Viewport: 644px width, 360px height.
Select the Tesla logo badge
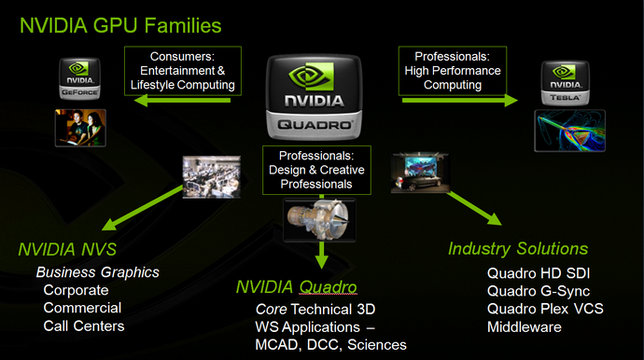coord(562,82)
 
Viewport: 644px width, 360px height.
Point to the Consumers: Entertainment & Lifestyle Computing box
coord(183,71)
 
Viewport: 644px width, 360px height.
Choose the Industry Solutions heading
coord(518,249)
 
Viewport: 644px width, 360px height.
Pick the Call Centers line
coord(84,325)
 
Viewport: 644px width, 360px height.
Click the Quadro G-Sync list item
coord(538,291)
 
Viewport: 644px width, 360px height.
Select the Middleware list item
coord(524,327)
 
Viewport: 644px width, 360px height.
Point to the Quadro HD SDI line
coord(539,273)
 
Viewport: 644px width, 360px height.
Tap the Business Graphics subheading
coord(98,272)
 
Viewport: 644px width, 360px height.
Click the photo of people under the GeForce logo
coord(80,127)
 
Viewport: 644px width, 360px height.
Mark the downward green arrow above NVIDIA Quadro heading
coord(321,254)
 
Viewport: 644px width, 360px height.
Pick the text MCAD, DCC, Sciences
coord(330,345)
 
